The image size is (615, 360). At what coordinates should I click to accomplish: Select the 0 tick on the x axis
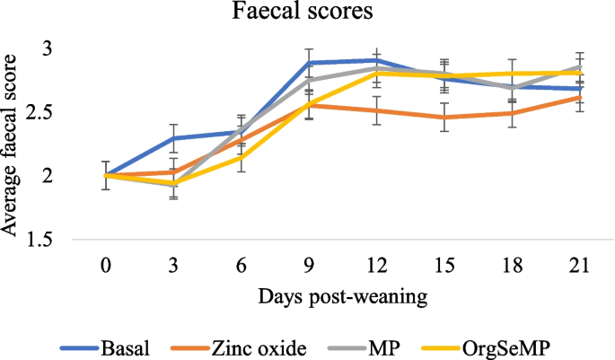[107, 265]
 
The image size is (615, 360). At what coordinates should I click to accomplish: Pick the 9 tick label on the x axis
[309, 265]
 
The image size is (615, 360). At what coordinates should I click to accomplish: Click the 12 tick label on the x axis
[376, 265]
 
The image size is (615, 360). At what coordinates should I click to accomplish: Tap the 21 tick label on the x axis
[578, 265]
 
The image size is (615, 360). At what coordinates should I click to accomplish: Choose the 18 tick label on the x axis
[511, 265]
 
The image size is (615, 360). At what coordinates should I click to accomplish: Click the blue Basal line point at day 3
[174, 137]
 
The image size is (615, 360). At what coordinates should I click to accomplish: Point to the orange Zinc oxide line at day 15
[444, 117]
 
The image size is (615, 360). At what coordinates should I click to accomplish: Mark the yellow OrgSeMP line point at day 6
[242, 157]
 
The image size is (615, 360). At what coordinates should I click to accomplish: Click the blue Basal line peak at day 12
[376, 60]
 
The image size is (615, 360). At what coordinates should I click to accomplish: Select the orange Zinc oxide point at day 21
[578, 97]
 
